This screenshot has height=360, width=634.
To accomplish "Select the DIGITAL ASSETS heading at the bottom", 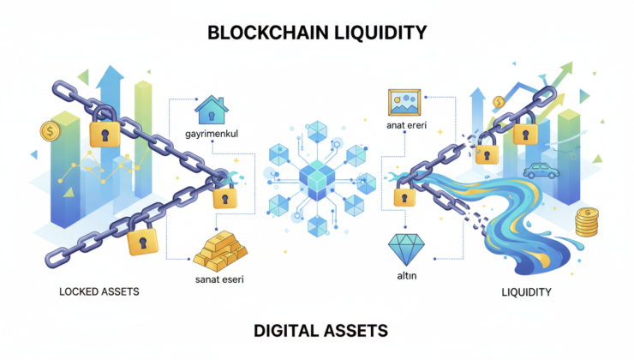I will [x=316, y=329].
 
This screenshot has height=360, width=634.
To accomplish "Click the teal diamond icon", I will [x=404, y=249].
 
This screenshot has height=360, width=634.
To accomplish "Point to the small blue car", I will [x=541, y=171].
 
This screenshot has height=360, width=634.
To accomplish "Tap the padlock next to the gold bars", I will [x=225, y=199].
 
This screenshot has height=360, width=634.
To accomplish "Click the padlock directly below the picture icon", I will [x=399, y=196].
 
